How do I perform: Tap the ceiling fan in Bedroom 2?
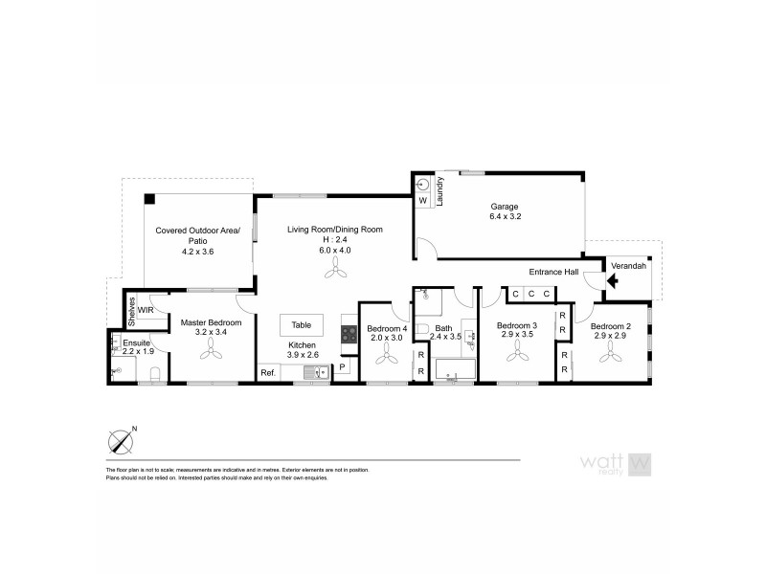610,355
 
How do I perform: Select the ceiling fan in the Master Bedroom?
211,352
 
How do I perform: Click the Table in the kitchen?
302,323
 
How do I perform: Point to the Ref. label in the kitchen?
268,372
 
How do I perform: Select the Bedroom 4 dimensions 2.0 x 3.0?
387,337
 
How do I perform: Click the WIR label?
146,311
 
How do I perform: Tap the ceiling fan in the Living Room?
335,273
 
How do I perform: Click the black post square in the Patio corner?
150,199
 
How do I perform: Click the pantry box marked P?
343,366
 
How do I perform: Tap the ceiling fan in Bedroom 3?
518,355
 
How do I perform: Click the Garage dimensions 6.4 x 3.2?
505,216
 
